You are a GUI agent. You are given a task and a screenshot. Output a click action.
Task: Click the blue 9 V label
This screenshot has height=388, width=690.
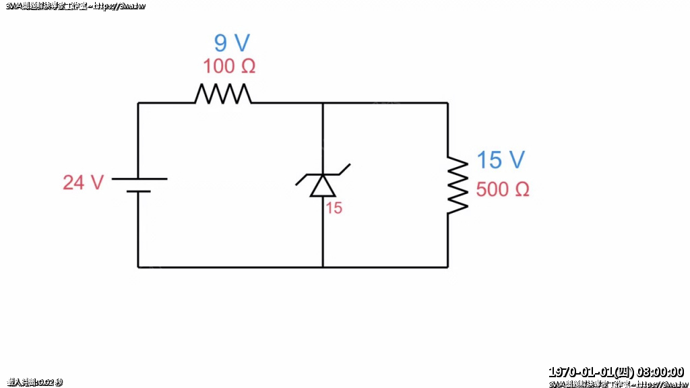click(x=232, y=43)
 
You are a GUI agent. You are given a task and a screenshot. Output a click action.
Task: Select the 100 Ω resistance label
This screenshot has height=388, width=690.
click(x=229, y=67)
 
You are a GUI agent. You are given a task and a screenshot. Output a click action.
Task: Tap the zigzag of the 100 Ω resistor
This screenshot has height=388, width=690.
click(x=223, y=94)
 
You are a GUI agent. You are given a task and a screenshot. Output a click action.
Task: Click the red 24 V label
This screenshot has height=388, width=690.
click(x=83, y=183)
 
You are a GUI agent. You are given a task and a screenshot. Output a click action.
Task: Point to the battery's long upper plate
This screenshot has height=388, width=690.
click(x=139, y=179)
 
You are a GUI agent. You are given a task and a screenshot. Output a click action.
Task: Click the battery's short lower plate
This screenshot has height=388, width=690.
click(x=139, y=191)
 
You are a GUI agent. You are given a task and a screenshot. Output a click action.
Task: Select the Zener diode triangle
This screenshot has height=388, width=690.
click(x=323, y=185)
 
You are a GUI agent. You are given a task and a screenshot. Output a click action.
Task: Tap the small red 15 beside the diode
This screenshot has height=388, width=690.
click(x=334, y=209)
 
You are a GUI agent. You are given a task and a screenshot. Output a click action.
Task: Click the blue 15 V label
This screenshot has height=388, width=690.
click(x=501, y=160)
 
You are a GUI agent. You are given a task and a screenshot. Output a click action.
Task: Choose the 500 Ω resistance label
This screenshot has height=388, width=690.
click(x=502, y=190)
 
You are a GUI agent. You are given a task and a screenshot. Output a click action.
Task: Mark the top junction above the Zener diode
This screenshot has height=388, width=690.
click(x=323, y=103)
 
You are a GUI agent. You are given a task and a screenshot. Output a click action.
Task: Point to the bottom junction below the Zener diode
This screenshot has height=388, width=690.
click(x=323, y=267)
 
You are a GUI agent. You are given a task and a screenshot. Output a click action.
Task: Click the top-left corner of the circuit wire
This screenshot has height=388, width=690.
click(x=139, y=103)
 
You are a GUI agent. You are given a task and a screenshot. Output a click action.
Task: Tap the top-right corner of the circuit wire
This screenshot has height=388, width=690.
click(x=447, y=103)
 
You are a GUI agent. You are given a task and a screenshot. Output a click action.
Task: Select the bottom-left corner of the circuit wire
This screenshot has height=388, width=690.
click(x=139, y=267)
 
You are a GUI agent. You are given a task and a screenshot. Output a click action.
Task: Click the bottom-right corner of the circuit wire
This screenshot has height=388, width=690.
click(x=447, y=267)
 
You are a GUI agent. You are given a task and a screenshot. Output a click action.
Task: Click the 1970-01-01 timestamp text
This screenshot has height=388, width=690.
click(x=616, y=372)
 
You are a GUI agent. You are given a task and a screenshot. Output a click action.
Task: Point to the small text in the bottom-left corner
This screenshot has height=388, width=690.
click(x=32, y=383)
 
